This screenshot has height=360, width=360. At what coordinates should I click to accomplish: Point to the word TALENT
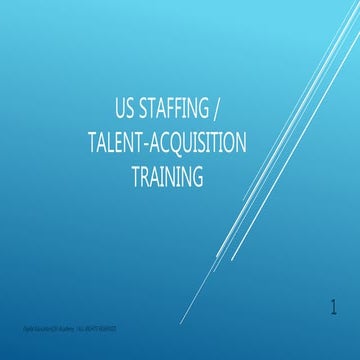[112, 142]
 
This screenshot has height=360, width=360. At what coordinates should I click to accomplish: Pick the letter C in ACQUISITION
[167, 142]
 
